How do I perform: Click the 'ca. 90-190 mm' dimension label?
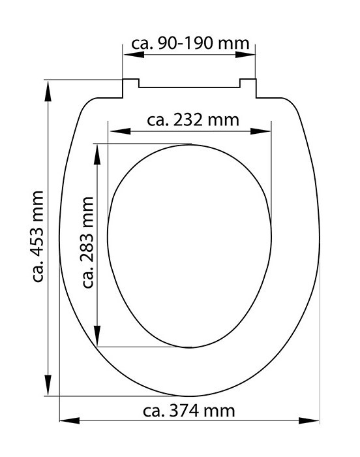pos(190,44)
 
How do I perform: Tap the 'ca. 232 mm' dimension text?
pos(193,119)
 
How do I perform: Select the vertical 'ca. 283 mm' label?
pos(87,242)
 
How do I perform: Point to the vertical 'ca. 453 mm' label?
pos(38,236)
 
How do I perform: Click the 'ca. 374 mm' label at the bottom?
pos(188,411)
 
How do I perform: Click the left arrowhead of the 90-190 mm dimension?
pos(134,54)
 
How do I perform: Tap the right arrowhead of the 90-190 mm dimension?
pos(245,54)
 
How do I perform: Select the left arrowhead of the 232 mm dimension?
pos(120,131)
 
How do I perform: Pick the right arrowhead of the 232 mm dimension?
pos(260,131)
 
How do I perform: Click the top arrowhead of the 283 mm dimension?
pos(97,154)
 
